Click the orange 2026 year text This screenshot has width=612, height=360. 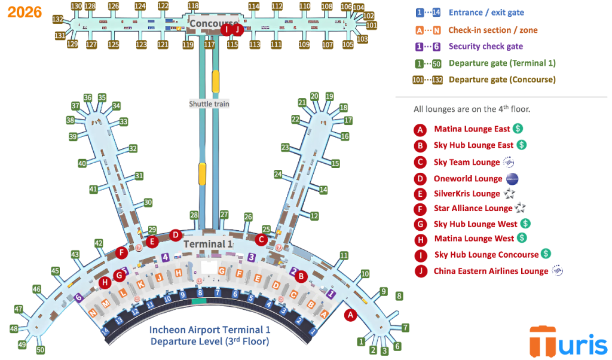click(25, 12)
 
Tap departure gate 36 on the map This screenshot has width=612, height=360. click(88, 97)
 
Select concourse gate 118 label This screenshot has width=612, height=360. click(193, 6)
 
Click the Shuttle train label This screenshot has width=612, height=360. click(209, 103)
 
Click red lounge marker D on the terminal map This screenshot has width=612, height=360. click(175, 235)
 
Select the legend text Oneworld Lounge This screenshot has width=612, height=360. click(468, 179)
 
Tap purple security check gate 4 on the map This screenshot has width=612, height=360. click(164, 257)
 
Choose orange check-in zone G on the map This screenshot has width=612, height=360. click(222, 271)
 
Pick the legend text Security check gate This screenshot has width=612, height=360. click(485, 47)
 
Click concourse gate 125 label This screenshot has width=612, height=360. click(114, 45)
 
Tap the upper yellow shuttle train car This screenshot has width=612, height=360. click(216, 81)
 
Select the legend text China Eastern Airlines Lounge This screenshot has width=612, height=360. click(491, 271)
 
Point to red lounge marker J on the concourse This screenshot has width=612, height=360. click(237, 28)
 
